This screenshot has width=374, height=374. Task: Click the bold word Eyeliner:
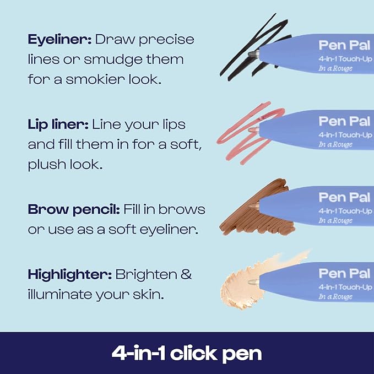59,40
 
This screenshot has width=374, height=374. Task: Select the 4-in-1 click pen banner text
187,353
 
